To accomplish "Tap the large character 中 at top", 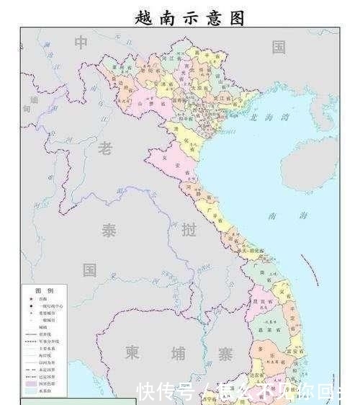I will pos(81,44).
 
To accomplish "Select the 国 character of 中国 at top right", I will pos(279,48).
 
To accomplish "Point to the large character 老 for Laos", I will pos(106,148).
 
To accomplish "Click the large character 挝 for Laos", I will pos(189,231).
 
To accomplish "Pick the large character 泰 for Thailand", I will pos(108,232).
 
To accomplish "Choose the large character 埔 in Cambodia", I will pos(177,353).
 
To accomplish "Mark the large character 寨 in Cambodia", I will pos(225,354).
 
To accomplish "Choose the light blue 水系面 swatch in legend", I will pos(30,393).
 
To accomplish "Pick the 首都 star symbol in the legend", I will pos(30,298).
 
